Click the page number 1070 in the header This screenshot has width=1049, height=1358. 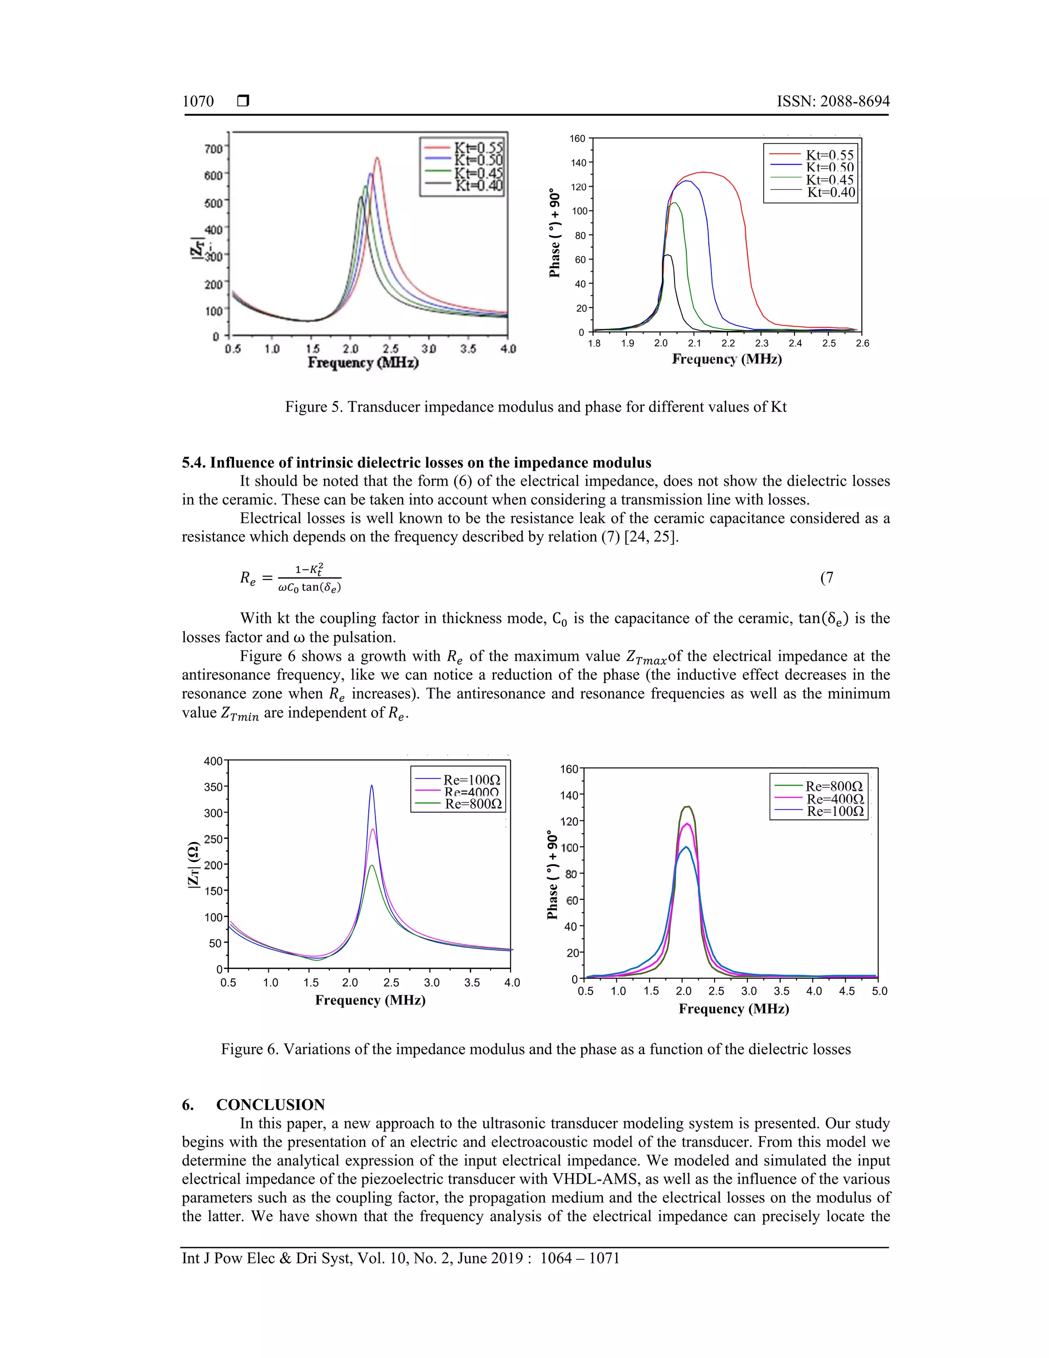pos(198,101)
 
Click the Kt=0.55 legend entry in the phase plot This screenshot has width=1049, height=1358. pos(830,155)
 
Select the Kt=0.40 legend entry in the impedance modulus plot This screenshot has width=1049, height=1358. pos(478,186)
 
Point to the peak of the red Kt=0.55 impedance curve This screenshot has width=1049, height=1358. pos(376,158)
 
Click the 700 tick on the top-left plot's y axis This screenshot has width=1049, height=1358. pos(213,149)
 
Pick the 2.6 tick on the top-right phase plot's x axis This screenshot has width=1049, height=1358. pos(862,343)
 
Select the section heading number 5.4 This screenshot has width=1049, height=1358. pos(193,463)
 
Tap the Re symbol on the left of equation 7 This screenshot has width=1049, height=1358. pos(247,578)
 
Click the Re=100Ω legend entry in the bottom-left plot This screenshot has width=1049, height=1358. pos(472,780)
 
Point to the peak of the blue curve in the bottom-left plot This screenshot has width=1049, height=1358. pos(372,786)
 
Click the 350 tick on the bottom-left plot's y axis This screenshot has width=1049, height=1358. pos(213,787)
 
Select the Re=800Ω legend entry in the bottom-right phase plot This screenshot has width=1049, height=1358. pos(834,787)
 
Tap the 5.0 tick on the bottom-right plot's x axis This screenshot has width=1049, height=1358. pos(879,991)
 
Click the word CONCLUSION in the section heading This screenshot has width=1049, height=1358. pos(270,1105)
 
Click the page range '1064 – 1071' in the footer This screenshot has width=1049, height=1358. pos(580,1259)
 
